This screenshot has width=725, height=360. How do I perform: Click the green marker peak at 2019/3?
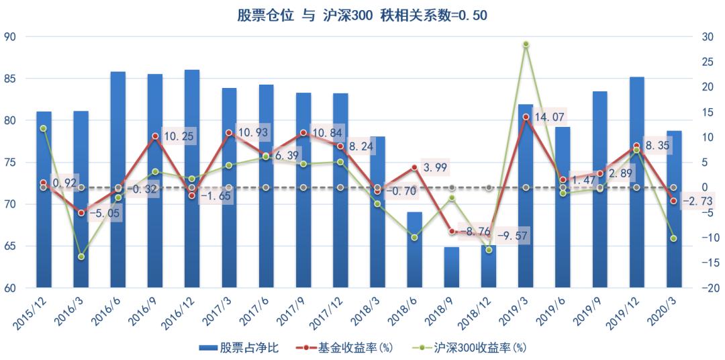pos(526,44)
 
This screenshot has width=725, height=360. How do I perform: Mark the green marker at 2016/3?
pos(81,257)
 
